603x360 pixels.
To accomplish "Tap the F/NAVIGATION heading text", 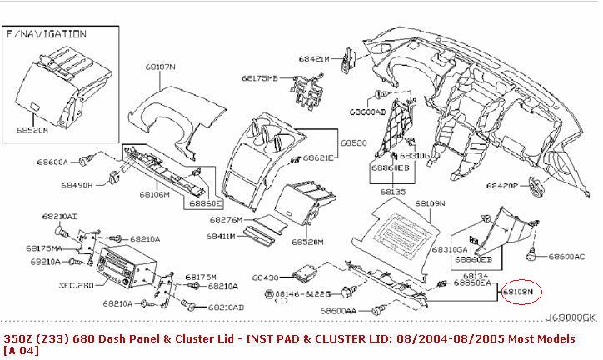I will pyautogui.click(x=47, y=34).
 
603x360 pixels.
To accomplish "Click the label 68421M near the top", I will pyautogui.click(x=314, y=58).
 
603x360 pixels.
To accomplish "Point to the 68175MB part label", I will pyautogui.click(x=259, y=77).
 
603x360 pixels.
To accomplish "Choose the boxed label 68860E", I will pyautogui.click(x=203, y=202).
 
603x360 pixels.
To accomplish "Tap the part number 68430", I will pyautogui.click(x=266, y=277).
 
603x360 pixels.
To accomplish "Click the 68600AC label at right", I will pyautogui.click(x=567, y=257).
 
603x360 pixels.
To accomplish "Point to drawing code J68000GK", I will pyautogui.click(x=571, y=317).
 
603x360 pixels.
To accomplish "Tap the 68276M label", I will pyautogui.click(x=227, y=219).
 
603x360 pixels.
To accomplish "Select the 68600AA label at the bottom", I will pyautogui.click(x=337, y=310).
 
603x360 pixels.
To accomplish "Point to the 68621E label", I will pyautogui.click(x=317, y=158).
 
